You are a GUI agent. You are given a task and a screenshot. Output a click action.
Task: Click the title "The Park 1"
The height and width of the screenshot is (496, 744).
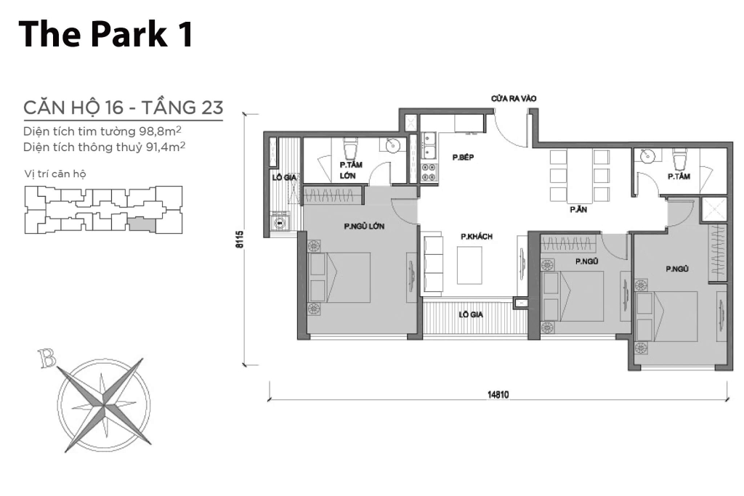pyautogui.click(x=107, y=33)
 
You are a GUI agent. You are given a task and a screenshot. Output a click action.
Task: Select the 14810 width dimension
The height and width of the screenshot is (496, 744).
pyautogui.click(x=498, y=396)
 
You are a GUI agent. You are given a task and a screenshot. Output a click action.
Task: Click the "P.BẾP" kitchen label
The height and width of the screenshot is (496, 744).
pyautogui.click(x=463, y=157)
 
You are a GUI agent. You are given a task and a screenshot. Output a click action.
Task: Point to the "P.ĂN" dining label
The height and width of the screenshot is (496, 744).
pyautogui.click(x=578, y=209)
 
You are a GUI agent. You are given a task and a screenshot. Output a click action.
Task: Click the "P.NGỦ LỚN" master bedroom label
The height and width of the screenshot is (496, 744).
pyautogui.click(x=364, y=227)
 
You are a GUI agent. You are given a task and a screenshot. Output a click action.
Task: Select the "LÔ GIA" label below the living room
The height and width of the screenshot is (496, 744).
pyautogui.click(x=473, y=315)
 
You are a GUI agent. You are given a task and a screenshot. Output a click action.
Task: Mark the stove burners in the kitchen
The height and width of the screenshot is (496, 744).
pyautogui.click(x=429, y=173)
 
